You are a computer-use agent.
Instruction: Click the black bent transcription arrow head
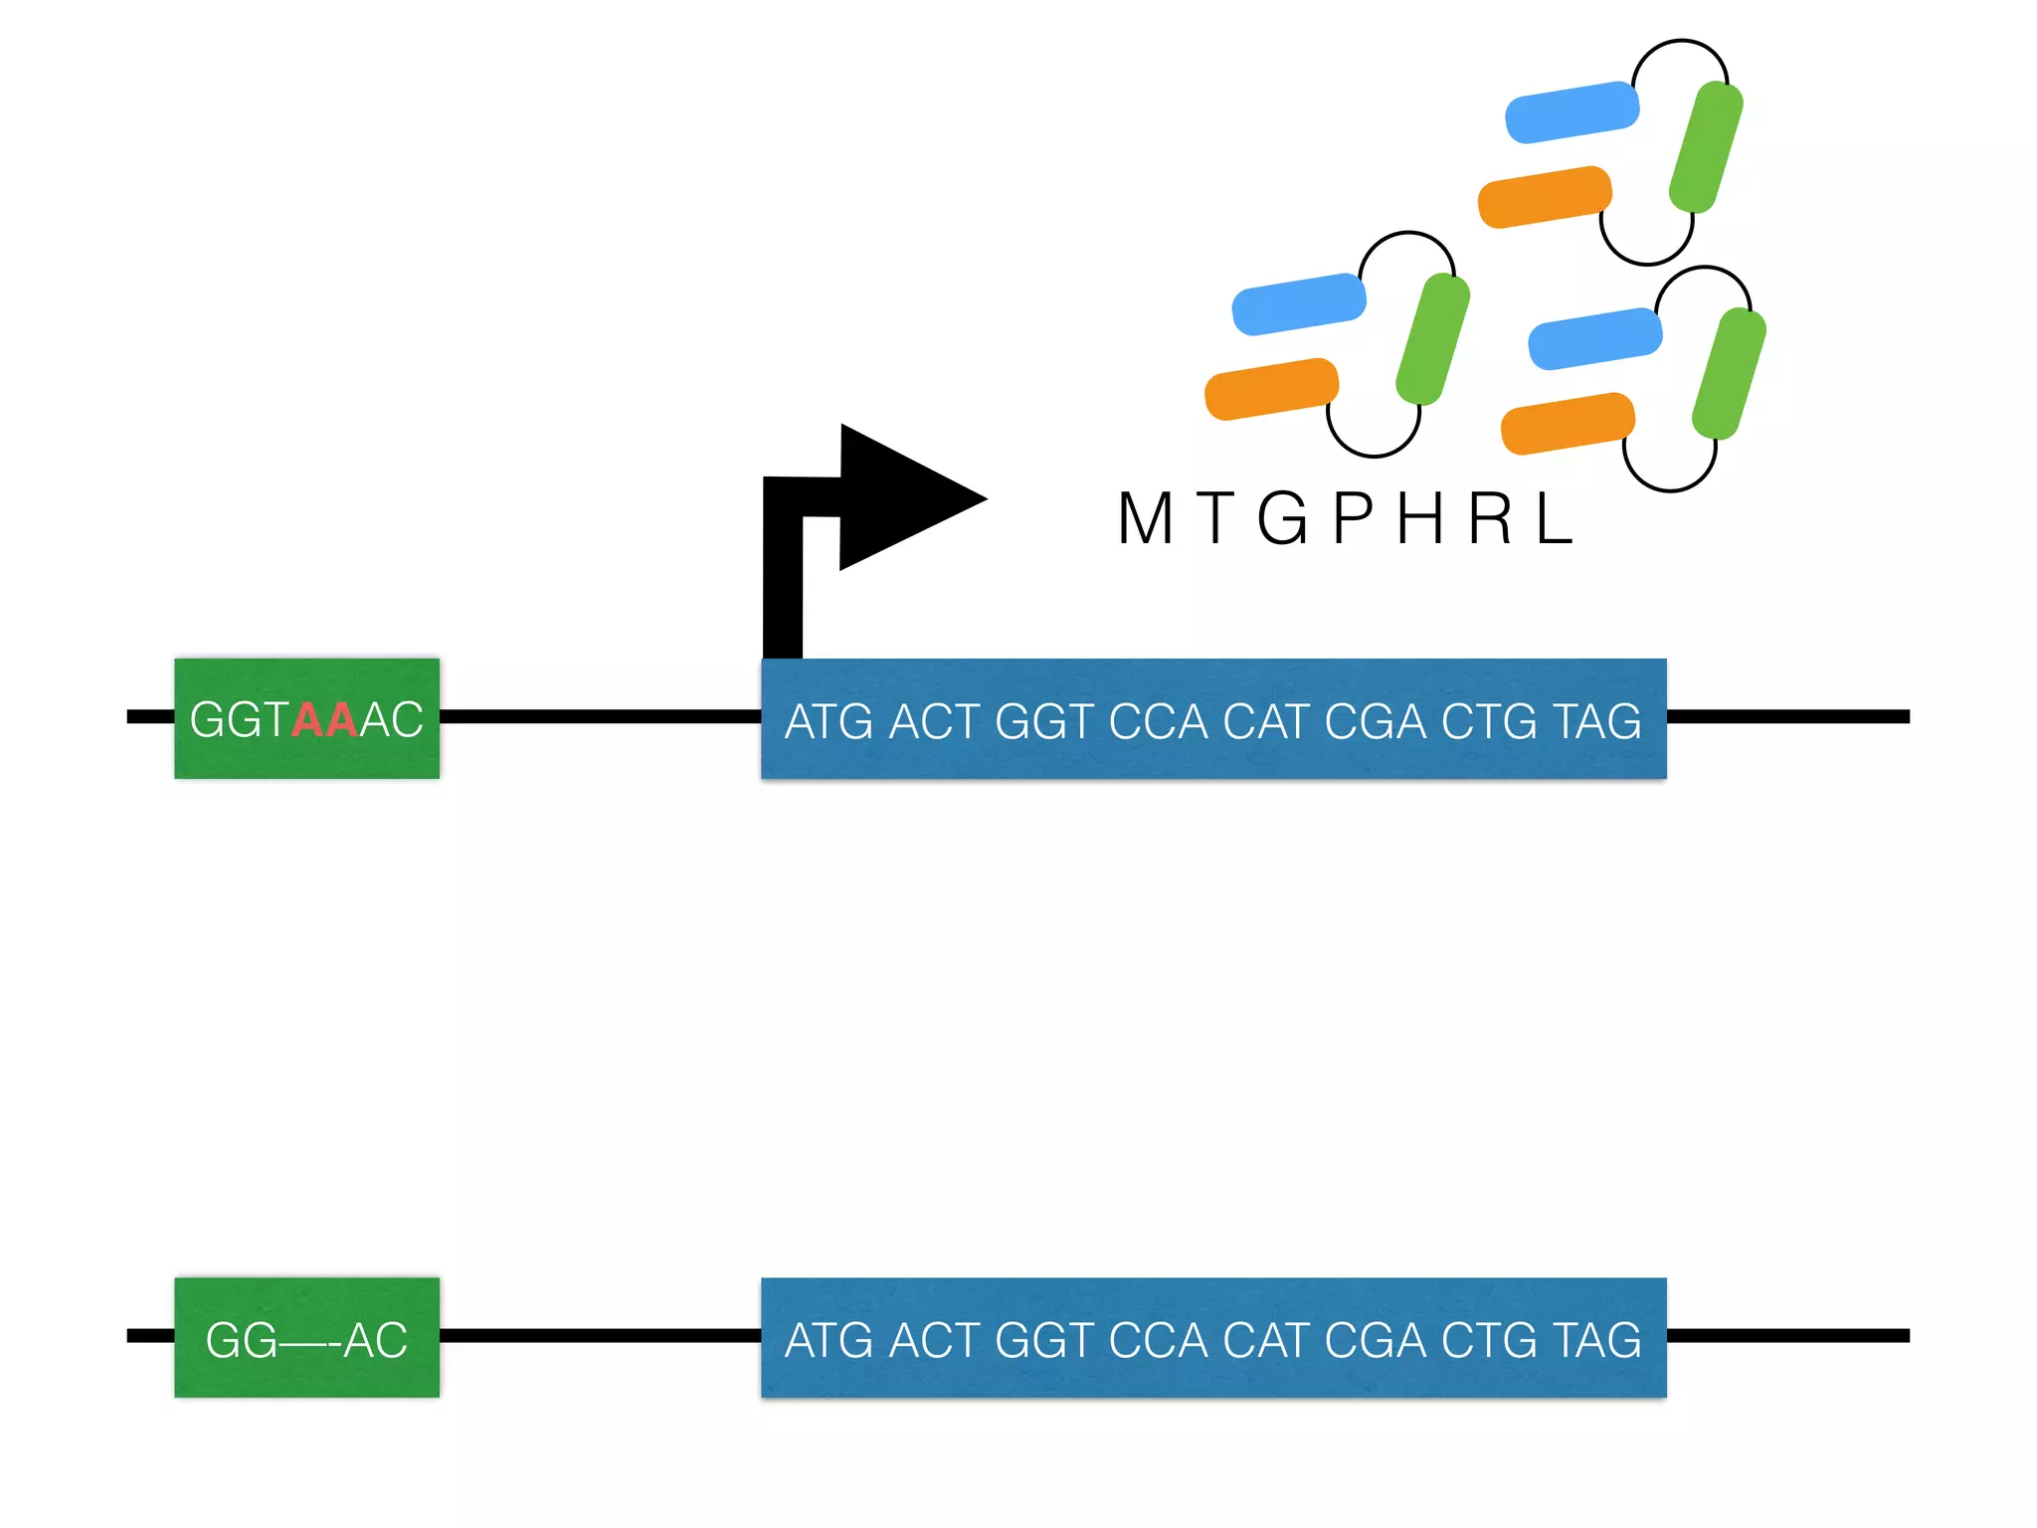click(900, 497)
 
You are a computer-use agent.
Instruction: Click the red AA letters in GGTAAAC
click(324, 719)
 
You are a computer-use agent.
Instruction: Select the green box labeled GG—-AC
click(306, 1338)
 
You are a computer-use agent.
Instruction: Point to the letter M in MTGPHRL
click(1145, 518)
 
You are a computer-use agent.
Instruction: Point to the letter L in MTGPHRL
click(1554, 518)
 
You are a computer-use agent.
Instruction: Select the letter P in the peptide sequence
click(1353, 518)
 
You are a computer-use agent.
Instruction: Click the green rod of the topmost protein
click(1706, 147)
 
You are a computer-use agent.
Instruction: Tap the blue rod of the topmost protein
click(1572, 112)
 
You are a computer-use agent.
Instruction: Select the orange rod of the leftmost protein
click(1271, 389)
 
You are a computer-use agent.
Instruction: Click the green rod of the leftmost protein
click(1432, 339)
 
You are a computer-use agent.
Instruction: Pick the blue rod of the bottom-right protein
click(1594, 338)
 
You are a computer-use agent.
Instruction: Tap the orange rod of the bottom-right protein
click(1568, 423)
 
